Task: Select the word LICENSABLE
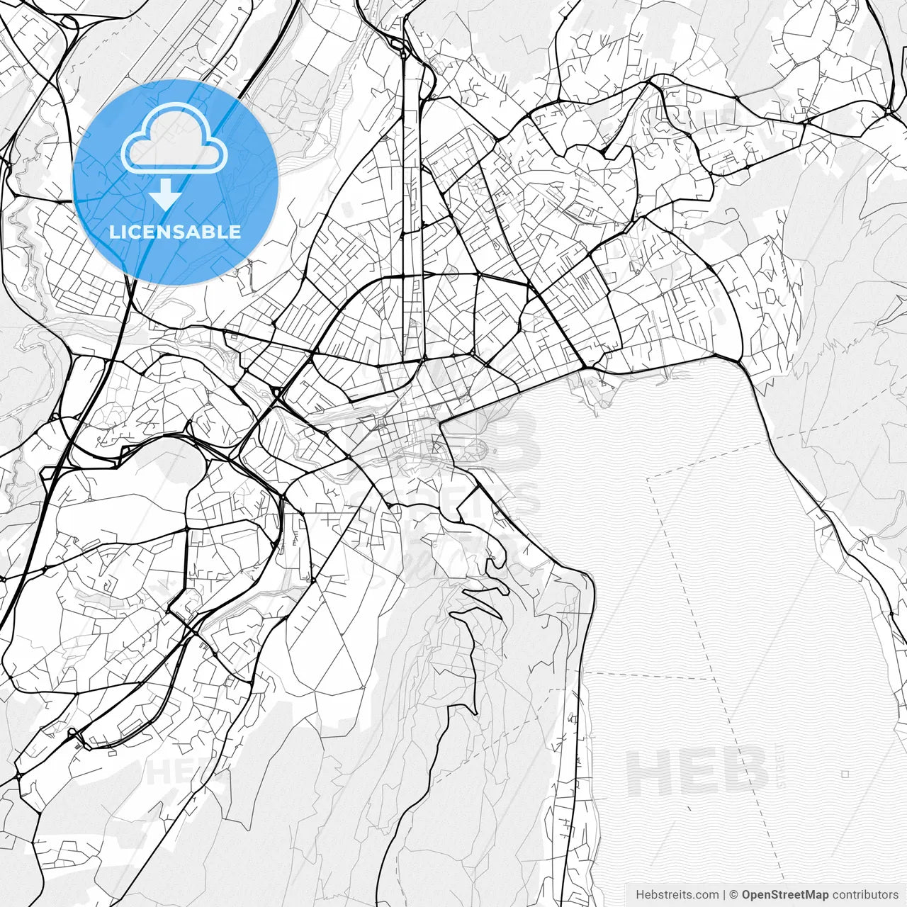pos(174,232)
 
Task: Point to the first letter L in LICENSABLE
pos(113,232)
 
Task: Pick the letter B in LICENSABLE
pos(208,232)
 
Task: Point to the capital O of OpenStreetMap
pos(747,895)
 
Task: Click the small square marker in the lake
pos(845,774)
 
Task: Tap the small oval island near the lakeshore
pos(477,448)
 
